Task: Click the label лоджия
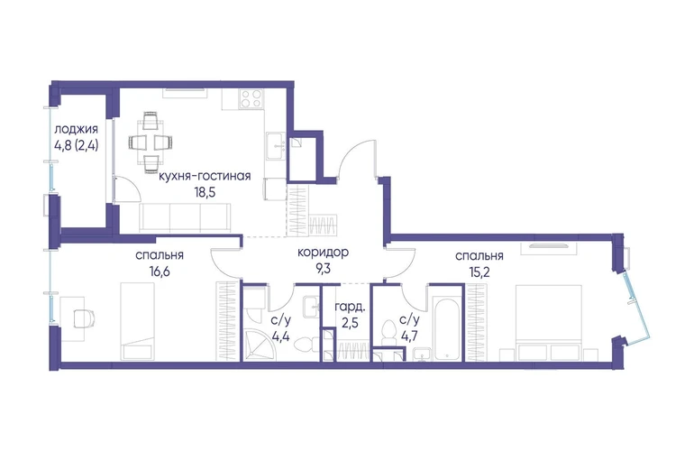[76, 130]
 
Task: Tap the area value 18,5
[205, 192]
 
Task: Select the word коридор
[323, 253]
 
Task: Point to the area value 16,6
[160, 272]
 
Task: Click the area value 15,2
[479, 272]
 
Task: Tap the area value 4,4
[281, 336]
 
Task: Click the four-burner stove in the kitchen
[251, 98]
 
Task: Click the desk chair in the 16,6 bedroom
[84, 318]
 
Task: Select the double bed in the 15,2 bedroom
[549, 323]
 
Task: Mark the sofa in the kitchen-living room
[185, 218]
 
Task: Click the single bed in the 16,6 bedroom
[138, 322]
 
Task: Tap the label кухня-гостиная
[205, 176]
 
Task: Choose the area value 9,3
[323, 269]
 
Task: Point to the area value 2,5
[350, 322]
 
